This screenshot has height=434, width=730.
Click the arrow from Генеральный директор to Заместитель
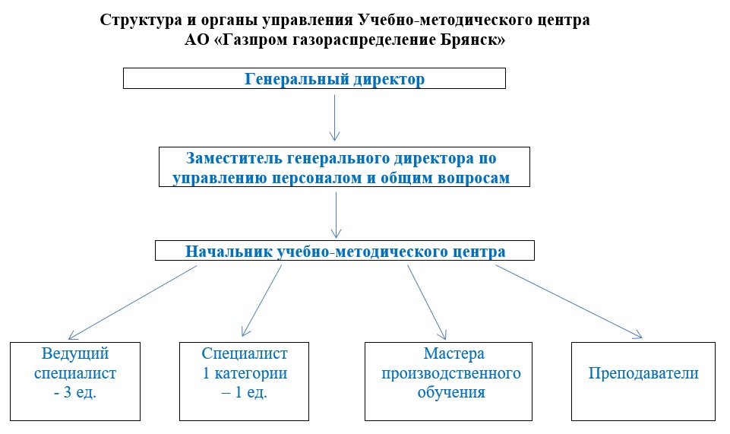click(334, 118)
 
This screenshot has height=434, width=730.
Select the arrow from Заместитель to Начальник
click(336, 215)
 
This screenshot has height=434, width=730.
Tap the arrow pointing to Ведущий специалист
click(133, 303)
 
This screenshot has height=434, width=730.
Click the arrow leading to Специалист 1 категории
click(261, 300)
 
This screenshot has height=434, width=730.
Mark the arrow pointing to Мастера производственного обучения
click(427, 303)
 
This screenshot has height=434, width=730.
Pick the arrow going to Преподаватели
click(569, 301)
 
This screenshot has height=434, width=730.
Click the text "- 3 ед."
click(75, 392)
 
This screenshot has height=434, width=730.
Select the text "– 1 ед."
click(245, 392)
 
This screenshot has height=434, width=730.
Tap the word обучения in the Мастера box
click(451, 392)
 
